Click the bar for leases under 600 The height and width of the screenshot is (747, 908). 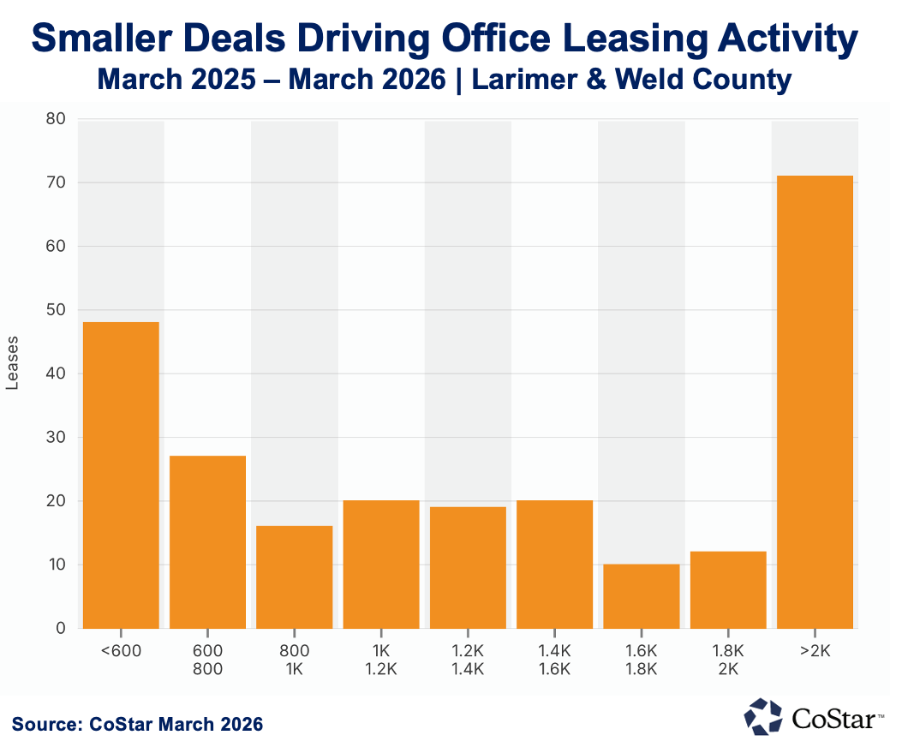[x=121, y=475]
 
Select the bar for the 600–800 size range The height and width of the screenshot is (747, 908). [x=207, y=541]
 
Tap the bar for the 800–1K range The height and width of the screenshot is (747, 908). [x=295, y=577]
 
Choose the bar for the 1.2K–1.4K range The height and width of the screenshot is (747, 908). [x=468, y=567]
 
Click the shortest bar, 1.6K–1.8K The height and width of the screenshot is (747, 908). [x=642, y=595]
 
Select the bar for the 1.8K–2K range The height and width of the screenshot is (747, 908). [x=728, y=589]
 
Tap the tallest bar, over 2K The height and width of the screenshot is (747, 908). [x=815, y=402]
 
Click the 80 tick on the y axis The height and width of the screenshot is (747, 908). [x=56, y=119]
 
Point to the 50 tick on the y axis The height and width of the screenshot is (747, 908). [x=56, y=310]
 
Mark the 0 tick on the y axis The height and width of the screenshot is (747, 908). [x=60, y=629]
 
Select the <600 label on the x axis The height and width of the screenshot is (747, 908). [x=121, y=650]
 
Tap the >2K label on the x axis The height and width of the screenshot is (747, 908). [x=815, y=650]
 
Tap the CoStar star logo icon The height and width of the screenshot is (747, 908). [x=762, y=716]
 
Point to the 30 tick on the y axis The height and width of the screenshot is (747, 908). [x=56, y=438]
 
